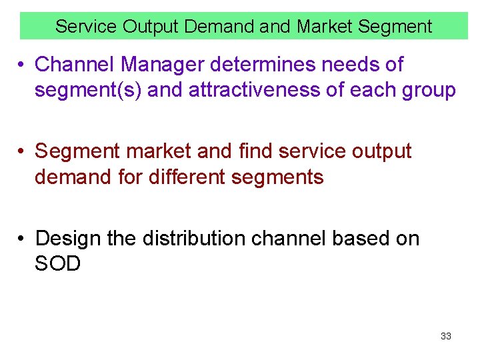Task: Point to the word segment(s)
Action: [88, 90]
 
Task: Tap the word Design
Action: [67, 238]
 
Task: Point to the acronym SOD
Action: [58, 264]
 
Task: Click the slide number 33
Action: [446, 336]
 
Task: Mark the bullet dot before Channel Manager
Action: [22, 65]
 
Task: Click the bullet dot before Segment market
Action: [22, 152]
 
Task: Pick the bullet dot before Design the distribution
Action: [22, 239]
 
